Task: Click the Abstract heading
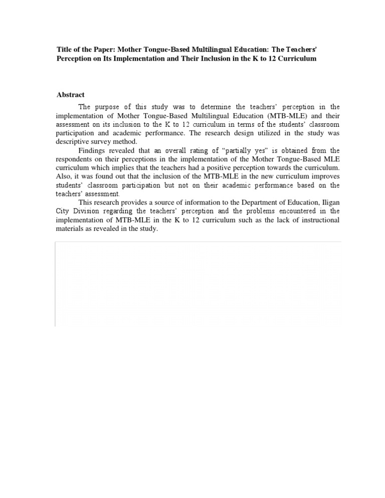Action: pos(71,95)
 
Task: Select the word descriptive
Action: pos(73,141)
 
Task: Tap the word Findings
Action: pos(92,150)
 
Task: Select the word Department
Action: pos(255,202)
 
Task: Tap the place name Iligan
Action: pos(329,202)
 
